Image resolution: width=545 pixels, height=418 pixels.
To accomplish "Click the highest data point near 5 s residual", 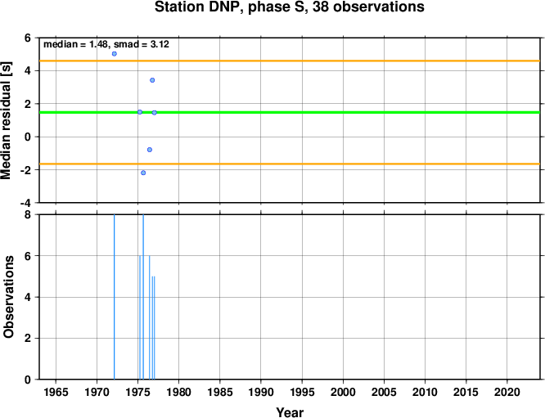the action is pos(115,54).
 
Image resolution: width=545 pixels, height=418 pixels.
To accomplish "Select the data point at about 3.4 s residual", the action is pos(152,80).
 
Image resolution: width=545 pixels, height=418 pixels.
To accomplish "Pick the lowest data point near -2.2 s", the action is pos(143,173).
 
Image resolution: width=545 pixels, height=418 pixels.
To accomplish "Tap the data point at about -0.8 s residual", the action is pos(150,150).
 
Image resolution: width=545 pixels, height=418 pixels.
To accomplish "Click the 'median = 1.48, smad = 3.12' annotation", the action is pos(106,44).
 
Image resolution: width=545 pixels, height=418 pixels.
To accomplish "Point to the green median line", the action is pos(290,112).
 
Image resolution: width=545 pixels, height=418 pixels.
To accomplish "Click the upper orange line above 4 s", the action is pos(290,61).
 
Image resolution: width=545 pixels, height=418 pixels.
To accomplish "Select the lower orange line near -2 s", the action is pos(290,164).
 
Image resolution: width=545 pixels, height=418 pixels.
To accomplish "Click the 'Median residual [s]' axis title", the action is pos(7,120).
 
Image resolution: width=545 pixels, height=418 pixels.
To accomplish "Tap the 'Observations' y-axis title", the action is pos(8,297).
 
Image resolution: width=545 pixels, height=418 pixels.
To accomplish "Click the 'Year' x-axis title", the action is pos(290,412).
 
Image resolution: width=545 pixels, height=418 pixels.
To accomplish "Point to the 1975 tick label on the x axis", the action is pos(138,393).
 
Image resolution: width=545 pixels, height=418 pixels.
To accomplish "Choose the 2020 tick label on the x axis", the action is pos(507,393).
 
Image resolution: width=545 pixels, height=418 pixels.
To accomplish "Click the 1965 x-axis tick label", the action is pos(56,393).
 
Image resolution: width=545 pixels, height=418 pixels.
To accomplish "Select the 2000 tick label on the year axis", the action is pos(343,393).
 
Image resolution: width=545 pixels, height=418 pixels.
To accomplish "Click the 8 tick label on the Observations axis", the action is pos(28,215).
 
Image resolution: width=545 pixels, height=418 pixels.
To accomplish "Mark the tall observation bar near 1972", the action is pos(115,297).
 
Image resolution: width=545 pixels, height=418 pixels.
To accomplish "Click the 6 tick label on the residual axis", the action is pos(28,38).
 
